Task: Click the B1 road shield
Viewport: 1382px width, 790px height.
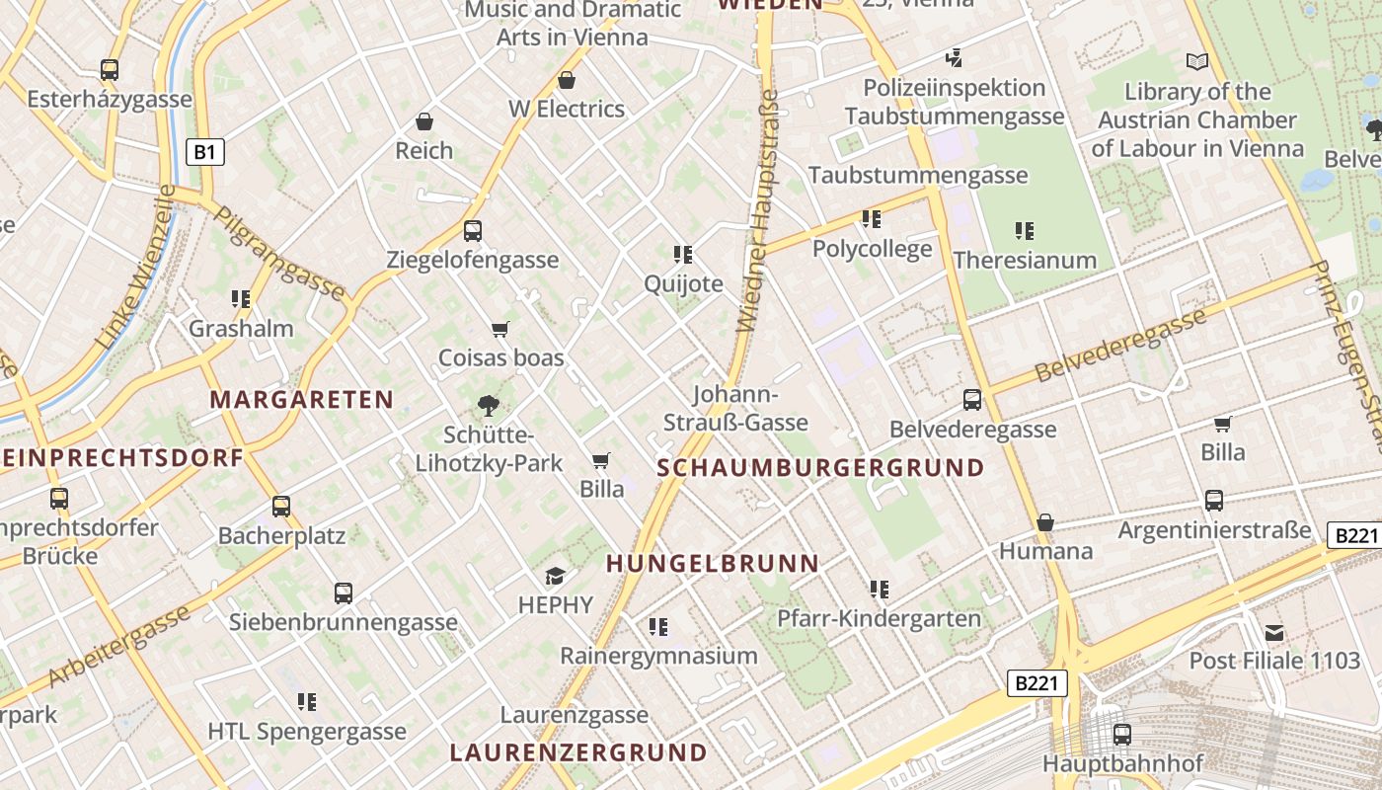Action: click(x=205, y=152)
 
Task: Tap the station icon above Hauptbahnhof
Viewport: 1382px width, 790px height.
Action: click(x=1122, y=734)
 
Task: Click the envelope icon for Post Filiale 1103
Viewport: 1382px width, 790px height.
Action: click(x=1274, y=632)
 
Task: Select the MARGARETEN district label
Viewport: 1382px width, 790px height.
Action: click(x=301, y=400)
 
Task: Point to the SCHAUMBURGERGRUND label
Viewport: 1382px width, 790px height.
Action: click(x=821, y=468)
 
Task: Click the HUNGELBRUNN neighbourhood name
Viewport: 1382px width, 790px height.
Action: click(x=713, y=564)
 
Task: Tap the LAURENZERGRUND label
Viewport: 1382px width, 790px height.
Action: click(x=578, y=752)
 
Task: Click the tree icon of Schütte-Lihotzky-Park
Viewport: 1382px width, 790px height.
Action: click(x=488, y=405)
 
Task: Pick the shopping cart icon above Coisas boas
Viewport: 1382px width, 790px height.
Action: click(x=500, y=329)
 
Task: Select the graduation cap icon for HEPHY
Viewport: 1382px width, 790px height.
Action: click(x=556, y=576)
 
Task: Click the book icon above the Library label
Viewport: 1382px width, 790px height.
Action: click(x=1197, y=62)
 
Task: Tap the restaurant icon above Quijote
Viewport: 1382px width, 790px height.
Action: click(x=683, y=255)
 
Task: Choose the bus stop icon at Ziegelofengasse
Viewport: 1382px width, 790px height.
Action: click(x=473, y=231)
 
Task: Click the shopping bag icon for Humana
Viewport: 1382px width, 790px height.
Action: click(x=1045, y=521)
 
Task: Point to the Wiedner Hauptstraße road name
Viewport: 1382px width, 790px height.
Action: click(x=758, y=211)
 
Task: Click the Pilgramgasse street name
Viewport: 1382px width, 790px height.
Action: click(x=279, y=253)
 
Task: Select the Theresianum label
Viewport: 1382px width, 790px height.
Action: click(x=1025, y=261)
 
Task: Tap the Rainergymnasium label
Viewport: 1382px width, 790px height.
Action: click(x=658, y=656)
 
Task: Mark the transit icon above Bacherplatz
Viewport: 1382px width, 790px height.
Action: click(x=281, y=507)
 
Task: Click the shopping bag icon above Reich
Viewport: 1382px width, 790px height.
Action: click(x=424, y=121)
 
